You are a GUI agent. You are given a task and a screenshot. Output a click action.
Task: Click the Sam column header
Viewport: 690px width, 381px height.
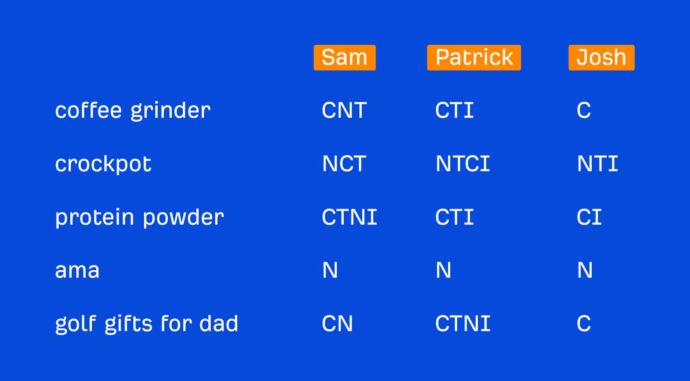(x=345, y=57)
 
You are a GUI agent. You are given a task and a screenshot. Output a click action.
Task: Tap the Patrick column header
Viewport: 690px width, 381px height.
(x=474, y=57)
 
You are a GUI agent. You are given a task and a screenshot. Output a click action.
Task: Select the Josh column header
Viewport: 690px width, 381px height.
(x=601, y=57)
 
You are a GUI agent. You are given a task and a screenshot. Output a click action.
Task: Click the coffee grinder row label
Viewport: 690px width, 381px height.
(x=133, y=111)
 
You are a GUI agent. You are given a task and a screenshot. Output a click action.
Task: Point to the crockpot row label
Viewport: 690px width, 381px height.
(x=103, y=164)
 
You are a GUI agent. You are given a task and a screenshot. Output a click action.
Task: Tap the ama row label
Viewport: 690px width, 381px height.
(x=78, y=271)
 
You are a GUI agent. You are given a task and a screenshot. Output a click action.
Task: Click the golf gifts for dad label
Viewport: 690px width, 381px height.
(x=147, y=324)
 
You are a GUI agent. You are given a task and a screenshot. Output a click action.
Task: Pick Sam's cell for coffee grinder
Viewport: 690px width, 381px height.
(x=344, y=110)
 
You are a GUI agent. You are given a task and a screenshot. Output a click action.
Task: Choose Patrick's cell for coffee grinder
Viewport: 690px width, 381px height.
(x=455, y=110)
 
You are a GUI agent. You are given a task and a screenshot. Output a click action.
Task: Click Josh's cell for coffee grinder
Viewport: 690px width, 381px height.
(x=584, y=110)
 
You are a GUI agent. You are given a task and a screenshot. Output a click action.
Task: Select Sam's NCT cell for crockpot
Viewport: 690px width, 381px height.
(x=344, y=164)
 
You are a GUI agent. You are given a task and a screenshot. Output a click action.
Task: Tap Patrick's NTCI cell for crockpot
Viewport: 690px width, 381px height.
(x=463, y=164)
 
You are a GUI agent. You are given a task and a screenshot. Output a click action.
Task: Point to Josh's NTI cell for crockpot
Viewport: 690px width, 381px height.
(x=598, y=164)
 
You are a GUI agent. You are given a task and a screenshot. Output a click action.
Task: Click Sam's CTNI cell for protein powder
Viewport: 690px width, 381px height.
(x=349, y=217)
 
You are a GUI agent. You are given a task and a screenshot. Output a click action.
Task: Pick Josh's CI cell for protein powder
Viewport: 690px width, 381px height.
(x=589, y=217)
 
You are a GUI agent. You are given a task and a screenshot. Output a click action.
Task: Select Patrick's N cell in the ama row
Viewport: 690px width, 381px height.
(x=443, y=271)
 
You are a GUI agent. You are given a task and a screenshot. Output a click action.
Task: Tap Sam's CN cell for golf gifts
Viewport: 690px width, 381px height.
(x=337, y=324)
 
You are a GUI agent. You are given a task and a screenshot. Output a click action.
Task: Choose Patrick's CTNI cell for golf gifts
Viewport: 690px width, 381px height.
(x=463, y=324)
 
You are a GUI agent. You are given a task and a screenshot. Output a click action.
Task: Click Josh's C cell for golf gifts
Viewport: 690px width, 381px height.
(x=584, y=324)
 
